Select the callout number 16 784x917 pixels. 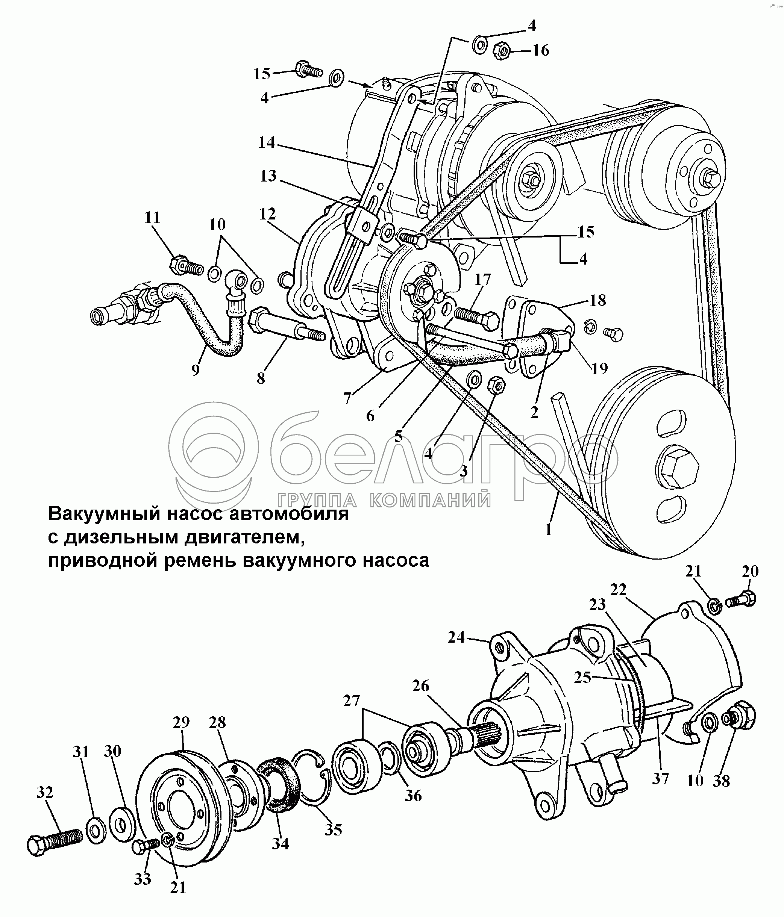coord(540,50)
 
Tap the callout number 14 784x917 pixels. coord(267,143)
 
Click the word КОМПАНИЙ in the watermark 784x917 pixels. coord(429,500)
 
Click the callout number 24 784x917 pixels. coord(456,638)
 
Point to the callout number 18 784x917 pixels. coord(597,300)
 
